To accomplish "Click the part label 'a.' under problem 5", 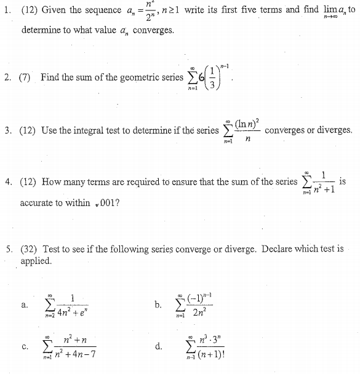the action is coord(24,304).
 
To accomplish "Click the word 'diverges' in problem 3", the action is coord(335,130).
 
